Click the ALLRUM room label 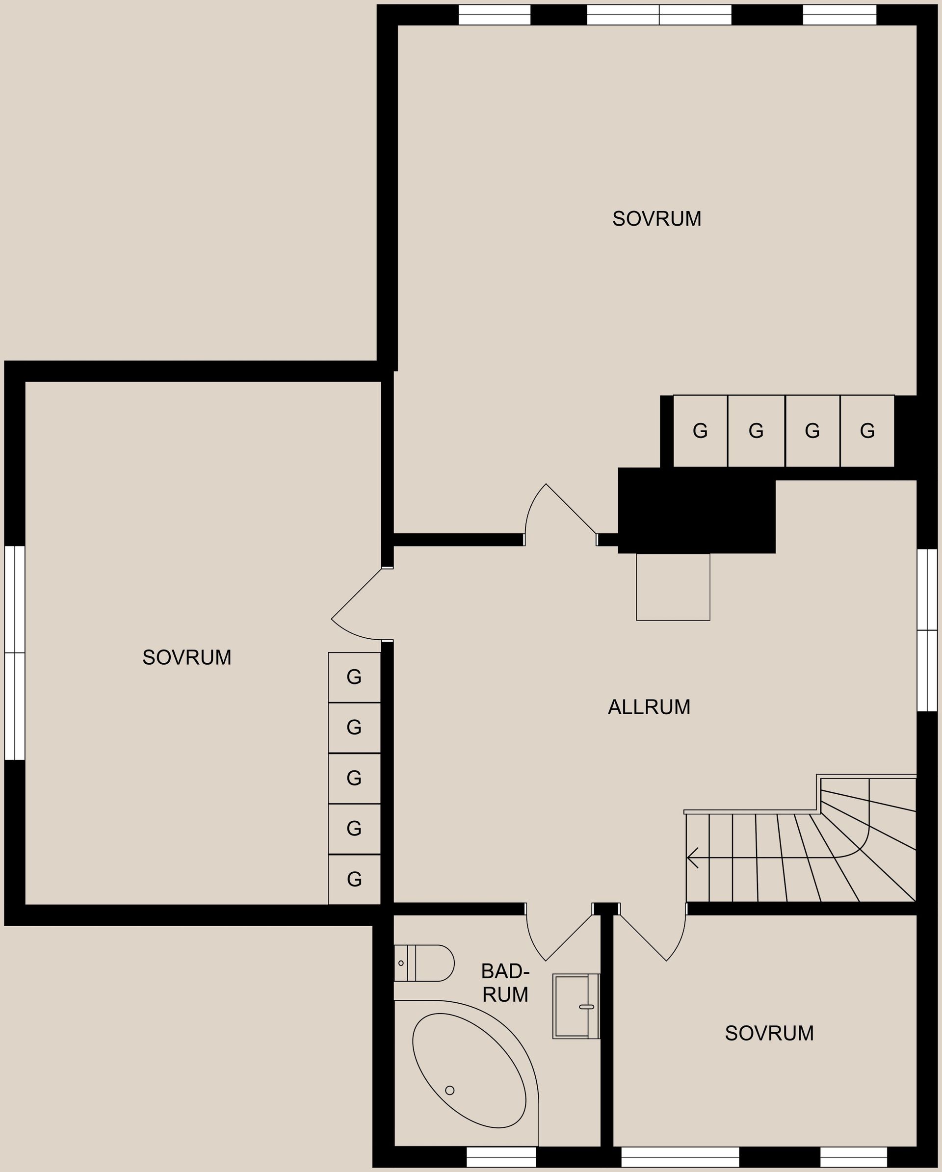coord(649,707)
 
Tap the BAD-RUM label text coord(505,983)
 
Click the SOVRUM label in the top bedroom coord(656,218)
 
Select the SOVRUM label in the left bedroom coord(187,658)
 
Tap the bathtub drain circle coord(449,1091)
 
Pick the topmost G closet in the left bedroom coord(354,677)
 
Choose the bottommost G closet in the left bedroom coord(354,880)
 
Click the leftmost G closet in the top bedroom coord(700,431)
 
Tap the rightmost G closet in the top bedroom coord(867,431)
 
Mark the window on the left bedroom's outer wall coord(15,653)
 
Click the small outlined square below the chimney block coord(673,587)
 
